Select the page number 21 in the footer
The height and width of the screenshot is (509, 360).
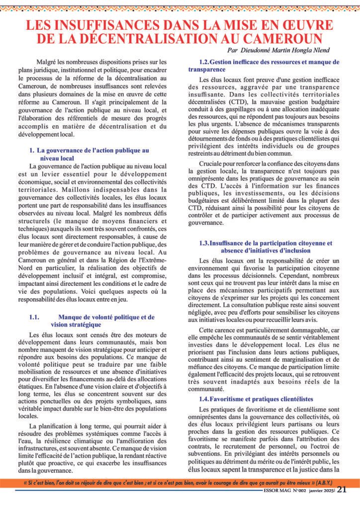(342, 489)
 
